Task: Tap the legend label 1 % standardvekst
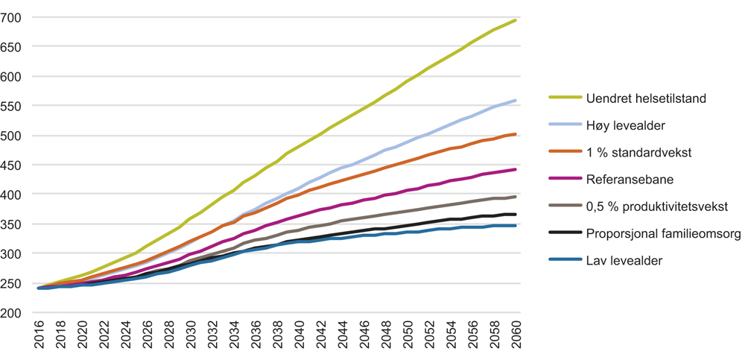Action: [638, 151]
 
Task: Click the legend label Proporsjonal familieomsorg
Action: [662, 234]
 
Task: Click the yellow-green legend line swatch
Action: [564, 97]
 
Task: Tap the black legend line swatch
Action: [564, 234]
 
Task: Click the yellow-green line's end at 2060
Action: [516, 20]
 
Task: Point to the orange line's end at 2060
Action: [516, 134]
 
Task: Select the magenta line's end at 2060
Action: [516, 169]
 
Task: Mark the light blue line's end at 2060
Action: [516, 101]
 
